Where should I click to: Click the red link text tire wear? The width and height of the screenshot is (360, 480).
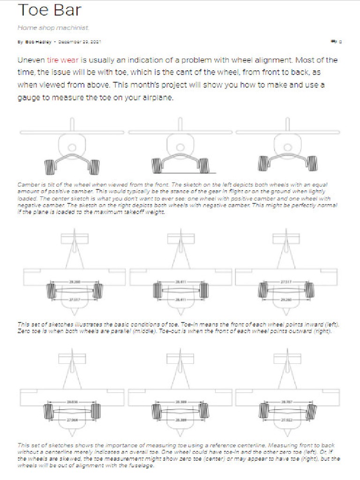coord(63,60)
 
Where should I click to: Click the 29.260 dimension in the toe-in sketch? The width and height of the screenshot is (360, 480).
coord(74,281)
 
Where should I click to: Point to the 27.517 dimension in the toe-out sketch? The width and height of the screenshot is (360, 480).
coord(286,281)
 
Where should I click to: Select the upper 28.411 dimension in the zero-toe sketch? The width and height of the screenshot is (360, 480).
coord(180,281)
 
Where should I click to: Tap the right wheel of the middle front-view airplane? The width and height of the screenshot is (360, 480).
coord(204,165)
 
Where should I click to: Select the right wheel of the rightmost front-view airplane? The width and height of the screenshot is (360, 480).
coord(311,164)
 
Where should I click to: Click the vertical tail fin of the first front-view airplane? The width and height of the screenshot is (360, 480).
coord(73,125)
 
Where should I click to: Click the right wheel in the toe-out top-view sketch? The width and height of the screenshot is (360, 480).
coord(310,291)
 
